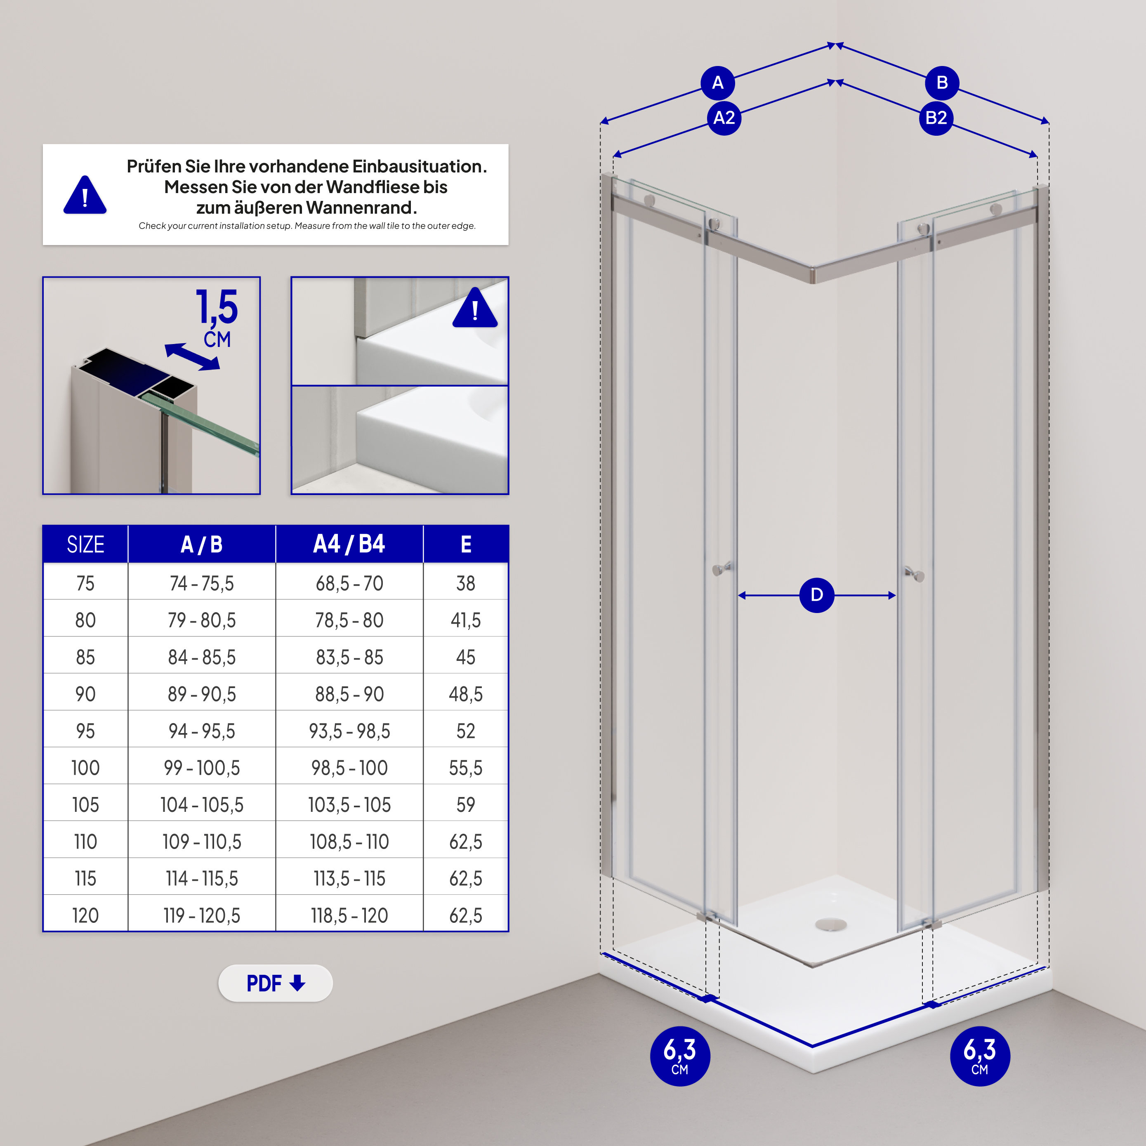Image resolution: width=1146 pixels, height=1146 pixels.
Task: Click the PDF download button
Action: [275, 983]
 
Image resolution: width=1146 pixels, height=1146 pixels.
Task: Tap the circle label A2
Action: [724, 118]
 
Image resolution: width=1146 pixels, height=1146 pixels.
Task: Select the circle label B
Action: [941, 83]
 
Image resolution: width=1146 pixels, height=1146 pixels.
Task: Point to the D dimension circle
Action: [816, 595]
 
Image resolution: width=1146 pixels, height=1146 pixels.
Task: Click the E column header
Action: [466, 544]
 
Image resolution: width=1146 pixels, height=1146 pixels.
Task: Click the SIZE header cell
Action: [85, 544]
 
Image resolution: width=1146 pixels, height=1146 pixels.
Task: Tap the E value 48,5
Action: [466, 694]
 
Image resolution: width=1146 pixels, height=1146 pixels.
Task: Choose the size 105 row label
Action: [85, 805]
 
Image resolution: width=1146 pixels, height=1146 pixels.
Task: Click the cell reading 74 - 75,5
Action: [202, 583]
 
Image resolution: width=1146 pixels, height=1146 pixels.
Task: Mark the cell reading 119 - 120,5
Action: [202, 915]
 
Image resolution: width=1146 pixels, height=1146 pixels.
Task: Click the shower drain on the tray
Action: [830, 924]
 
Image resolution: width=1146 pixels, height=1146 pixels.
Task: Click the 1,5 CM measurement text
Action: [217, 317]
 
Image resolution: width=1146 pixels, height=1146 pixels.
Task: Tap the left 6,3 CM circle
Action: [680, 1056]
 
